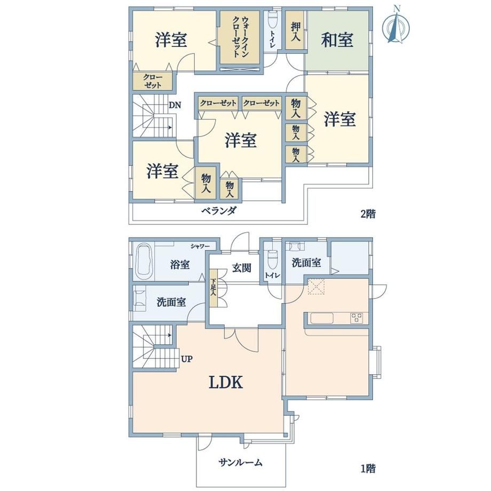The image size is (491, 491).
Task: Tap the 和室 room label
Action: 337,40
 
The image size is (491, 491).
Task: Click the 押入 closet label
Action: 296,31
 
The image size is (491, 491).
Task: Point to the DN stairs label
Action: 175,105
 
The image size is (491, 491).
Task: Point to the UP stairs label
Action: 187,359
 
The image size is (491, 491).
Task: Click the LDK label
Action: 226,382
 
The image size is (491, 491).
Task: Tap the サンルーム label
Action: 241,462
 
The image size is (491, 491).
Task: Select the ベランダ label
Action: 219,211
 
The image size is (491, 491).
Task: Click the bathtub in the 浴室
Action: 144,263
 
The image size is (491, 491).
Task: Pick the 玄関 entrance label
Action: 241,268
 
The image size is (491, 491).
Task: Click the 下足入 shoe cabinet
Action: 213,288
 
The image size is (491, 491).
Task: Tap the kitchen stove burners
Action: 357,318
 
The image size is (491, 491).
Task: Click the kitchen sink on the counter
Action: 322,319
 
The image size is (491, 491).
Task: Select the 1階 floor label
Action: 368,469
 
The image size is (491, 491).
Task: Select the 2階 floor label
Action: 368,214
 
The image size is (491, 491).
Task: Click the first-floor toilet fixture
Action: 273,259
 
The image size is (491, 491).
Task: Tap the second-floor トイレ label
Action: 273,39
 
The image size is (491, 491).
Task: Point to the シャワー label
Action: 200,247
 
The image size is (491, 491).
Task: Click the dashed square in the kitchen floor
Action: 316,287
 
